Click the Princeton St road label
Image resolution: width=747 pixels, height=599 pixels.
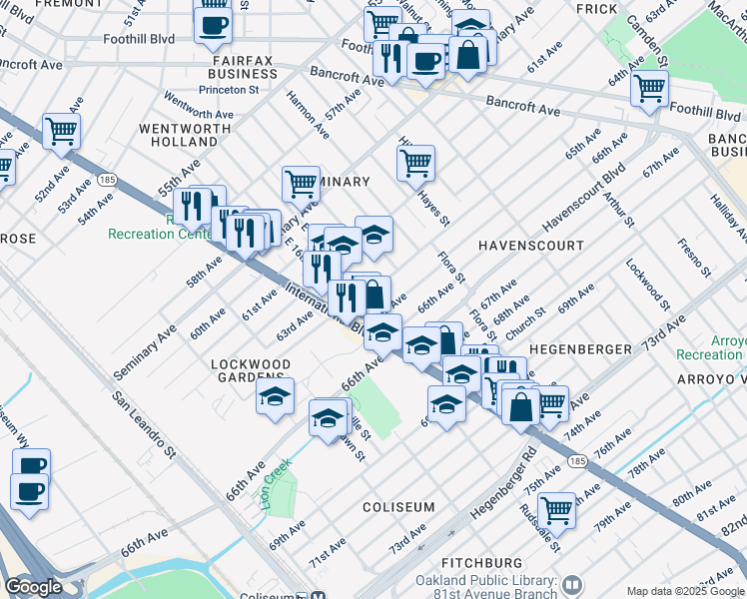[x=229, y=88]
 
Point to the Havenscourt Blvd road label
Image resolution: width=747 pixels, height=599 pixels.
[x=582, y=197]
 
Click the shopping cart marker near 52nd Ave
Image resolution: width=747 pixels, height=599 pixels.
[x=61, y=130]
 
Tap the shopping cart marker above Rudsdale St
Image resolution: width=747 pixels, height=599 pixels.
[x=556, y=509]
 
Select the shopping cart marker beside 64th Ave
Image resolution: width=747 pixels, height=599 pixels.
[x=649, y=88]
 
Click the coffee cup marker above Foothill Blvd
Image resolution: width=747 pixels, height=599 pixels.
[x=213, y=25]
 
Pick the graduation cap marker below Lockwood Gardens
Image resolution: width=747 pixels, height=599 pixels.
[x=275, y=396]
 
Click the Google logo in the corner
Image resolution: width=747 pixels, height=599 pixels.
[x=34, y=587]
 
